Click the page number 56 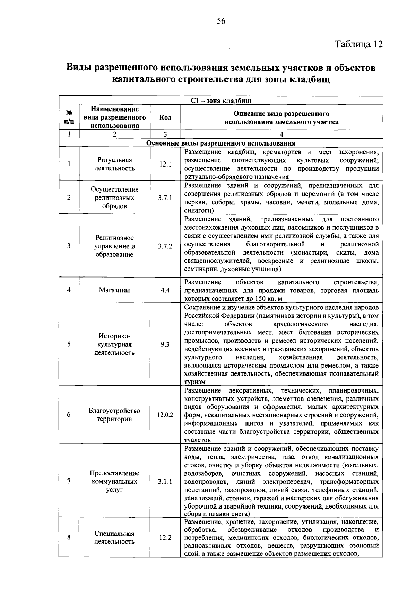(x=221, y=21)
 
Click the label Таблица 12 (x=359, y=44)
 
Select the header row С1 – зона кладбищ (x=221, y=101)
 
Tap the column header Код (x=165, y=118)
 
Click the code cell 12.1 (x=165, y=164)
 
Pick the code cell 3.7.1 (x=165, y=198)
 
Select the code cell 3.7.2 (x=165, y=246)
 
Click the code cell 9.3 (x=165, y=345)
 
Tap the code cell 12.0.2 (x=165, y=415)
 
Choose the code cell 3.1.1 (x=165, y=482)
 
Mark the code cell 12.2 (x=165, y=538)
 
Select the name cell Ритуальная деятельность (x=114, y=164)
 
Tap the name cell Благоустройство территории (x=114, y=415)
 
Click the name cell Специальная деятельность (x=114, y=538)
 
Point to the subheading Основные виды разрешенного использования (x=221, y=143)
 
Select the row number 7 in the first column (x=69, y=482)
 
